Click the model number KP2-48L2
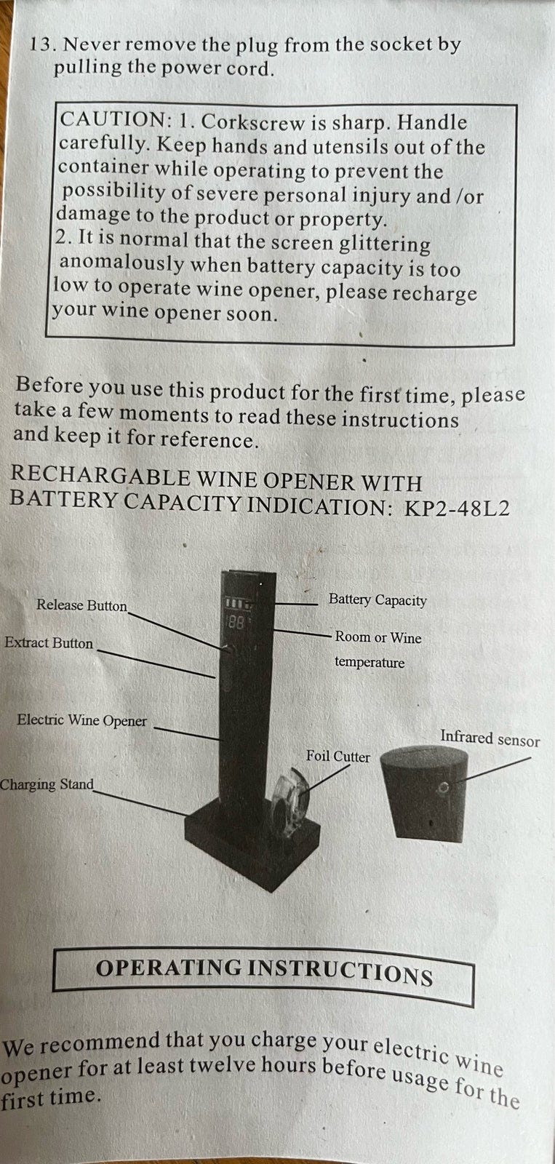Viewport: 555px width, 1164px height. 457,508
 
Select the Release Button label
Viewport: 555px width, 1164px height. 81,605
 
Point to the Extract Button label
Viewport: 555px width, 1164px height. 49,643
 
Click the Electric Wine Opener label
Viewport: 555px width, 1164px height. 81,720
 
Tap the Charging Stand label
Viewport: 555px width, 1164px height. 47,784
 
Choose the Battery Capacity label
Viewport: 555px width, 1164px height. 378,600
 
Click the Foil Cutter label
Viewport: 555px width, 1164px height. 338,756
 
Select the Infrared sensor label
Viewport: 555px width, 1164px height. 490,738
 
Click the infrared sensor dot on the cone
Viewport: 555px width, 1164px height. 443,788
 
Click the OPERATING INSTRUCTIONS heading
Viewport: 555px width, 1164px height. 264,970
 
